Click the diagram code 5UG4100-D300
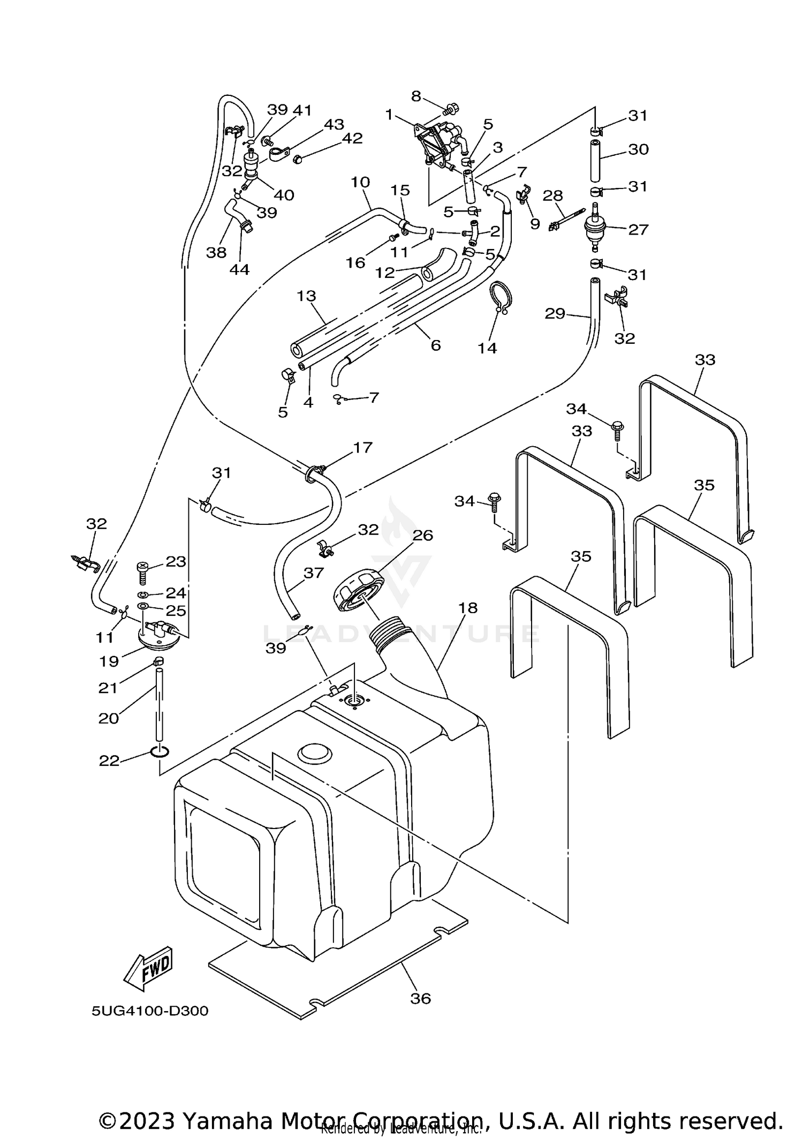[x=150, y=1011]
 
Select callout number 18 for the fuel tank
[x=468, y=608]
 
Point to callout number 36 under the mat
[x=420, y=998]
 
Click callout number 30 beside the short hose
[x=638, y=149]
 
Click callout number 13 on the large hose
[x=307, y=296]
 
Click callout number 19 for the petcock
[x=109, y=661]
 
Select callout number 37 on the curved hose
[x=314, y=573]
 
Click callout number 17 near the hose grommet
[x=362, y=447]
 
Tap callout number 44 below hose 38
[x=239, y=269]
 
